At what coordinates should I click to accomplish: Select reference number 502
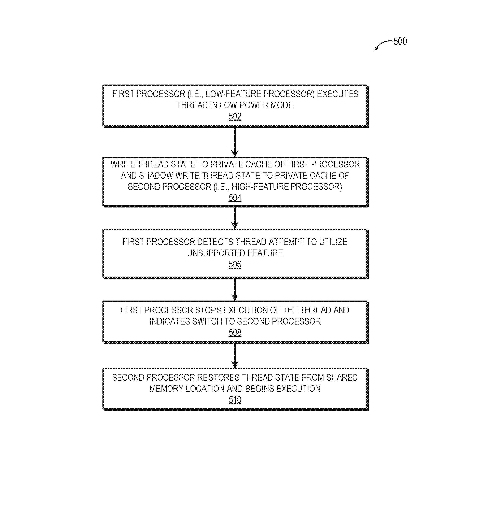tap(235, 116)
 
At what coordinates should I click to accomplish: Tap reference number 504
tap(235, 198)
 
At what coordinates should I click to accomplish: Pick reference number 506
tap(235, 264)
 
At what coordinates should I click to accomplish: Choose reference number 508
tap(235, 332)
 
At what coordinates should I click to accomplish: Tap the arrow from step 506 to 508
tap(235, 290)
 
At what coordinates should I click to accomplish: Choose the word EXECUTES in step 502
tap(338, 94)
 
